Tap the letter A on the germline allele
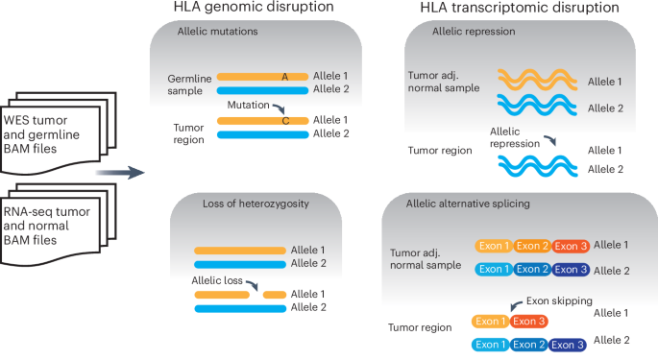[284, 76]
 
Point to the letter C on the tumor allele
[285, 122]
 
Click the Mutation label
[250, 105]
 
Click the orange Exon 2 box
[532, 247]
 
